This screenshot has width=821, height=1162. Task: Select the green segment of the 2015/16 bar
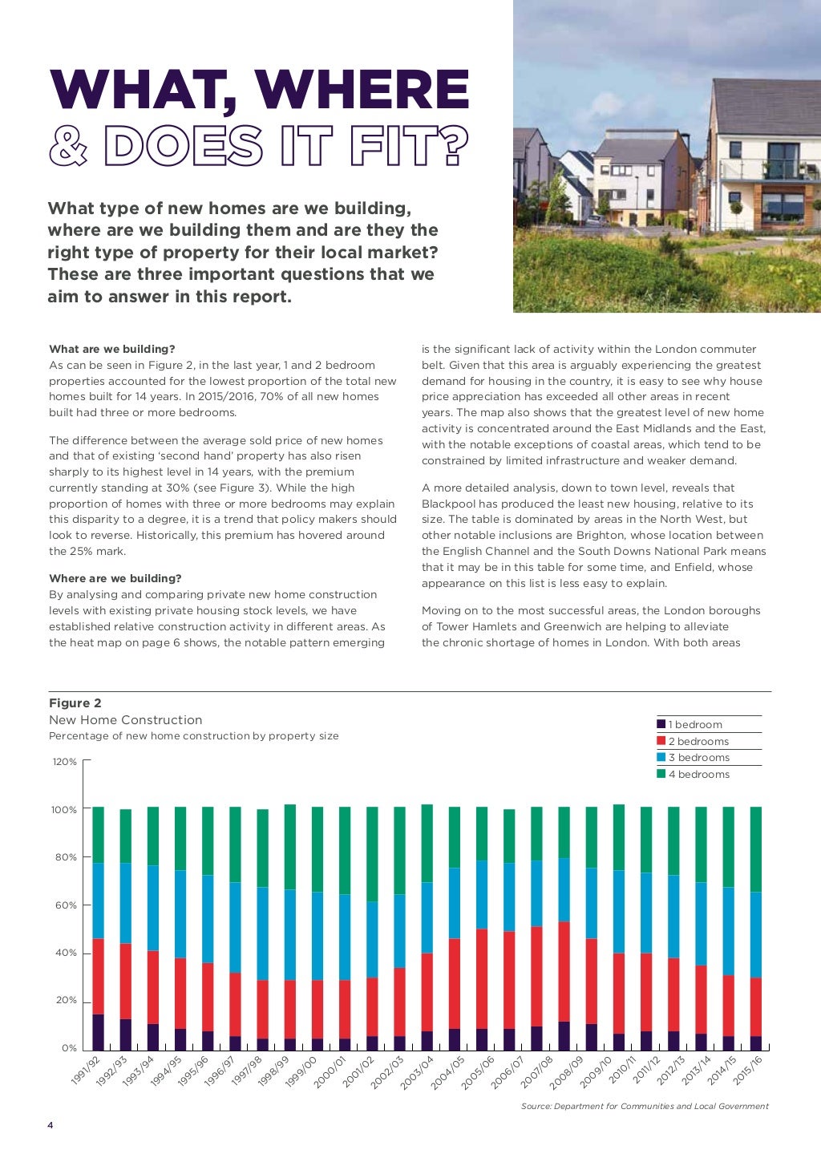[755, 849]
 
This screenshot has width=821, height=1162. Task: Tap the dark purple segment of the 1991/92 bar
[98, 1032]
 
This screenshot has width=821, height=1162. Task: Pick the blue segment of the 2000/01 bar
[345, 937]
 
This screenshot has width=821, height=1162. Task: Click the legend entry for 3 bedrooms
[698, 758]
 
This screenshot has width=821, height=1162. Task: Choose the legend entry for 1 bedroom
[694, 725]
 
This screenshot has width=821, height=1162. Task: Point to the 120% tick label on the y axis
[65, 762]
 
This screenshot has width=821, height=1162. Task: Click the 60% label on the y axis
[65, 905]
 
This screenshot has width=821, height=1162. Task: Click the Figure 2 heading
[75, 703]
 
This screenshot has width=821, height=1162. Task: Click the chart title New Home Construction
[125, 720]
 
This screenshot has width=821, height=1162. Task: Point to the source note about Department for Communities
[645, 1107]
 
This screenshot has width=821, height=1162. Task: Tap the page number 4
[51, 1126]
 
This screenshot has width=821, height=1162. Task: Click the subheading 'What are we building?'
[111, 349]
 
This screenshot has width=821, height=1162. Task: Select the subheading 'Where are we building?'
[115, 578]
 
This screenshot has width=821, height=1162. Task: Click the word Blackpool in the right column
[451, 504]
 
